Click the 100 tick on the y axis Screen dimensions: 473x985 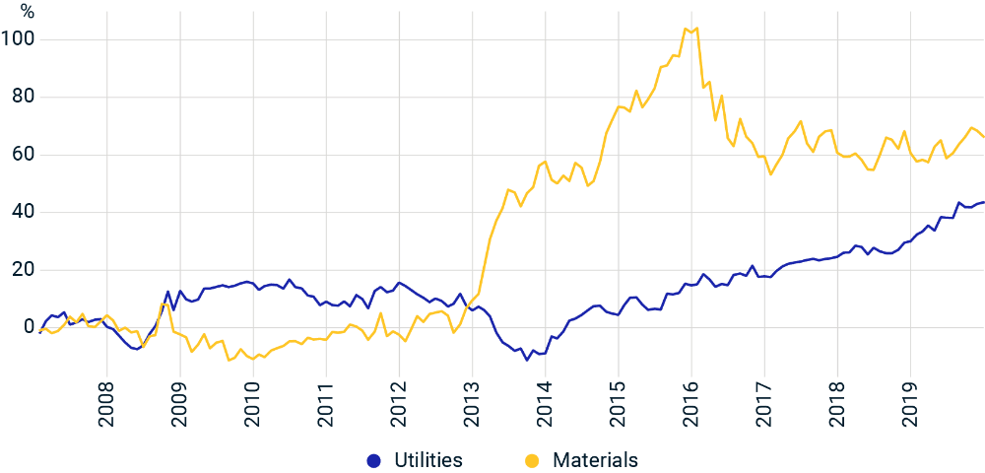pyautogui.click(x=18, y=39)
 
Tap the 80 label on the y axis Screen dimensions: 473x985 pyautogui.click(x=22, y=97)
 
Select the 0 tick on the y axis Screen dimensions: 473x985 pyautogui.click(x=28, y=327)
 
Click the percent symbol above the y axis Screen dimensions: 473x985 pyautogui.click(x=27, y=12)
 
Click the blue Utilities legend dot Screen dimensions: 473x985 pyautogui.click(x=372, y=460)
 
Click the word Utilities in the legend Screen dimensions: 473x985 pyautogui.click(x=428, y=460)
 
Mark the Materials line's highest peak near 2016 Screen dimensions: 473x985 pyautogui.click(x=686, y=28)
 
